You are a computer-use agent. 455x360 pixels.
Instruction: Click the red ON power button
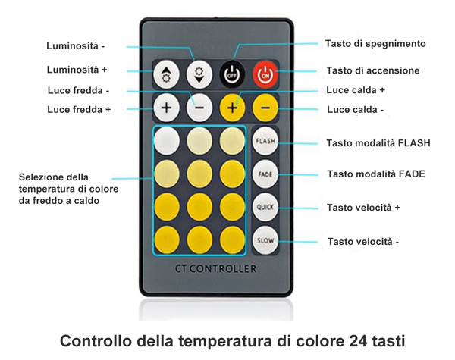(x=265, y=74)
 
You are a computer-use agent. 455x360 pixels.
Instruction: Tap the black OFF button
(x=232, y=74)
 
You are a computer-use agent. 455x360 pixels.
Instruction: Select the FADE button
(x=265, y=174)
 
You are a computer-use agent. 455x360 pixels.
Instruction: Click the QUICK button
(x=265, y=208)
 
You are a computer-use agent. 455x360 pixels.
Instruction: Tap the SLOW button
(x=265, y=240)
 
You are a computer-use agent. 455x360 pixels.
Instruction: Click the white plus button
(x=166, y=108)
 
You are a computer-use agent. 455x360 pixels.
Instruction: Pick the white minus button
(x=199, y=108)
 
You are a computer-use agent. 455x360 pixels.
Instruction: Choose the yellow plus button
(x=232, y=108)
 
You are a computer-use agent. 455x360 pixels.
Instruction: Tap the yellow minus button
(x=265, y=108)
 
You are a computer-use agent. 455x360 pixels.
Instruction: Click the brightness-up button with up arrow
(x=166, y=74)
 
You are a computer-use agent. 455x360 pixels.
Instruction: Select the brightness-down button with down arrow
(x=199, y=74)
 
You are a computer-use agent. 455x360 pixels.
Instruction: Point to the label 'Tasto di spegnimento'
(x=375, y=44)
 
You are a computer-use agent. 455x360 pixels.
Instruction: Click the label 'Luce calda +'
(x=356, y=90)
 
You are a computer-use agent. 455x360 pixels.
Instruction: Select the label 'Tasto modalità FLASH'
(x=378, y=143)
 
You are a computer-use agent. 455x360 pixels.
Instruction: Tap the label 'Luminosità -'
(x=75, y=46)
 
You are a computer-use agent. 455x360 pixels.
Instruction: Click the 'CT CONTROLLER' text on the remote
(x=216, y=268)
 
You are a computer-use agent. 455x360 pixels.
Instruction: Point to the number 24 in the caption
(x=359, y=341)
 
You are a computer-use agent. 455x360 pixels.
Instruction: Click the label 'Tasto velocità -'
(x=363, y=241)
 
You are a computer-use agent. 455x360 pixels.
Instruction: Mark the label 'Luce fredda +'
(x=79, y=110)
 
